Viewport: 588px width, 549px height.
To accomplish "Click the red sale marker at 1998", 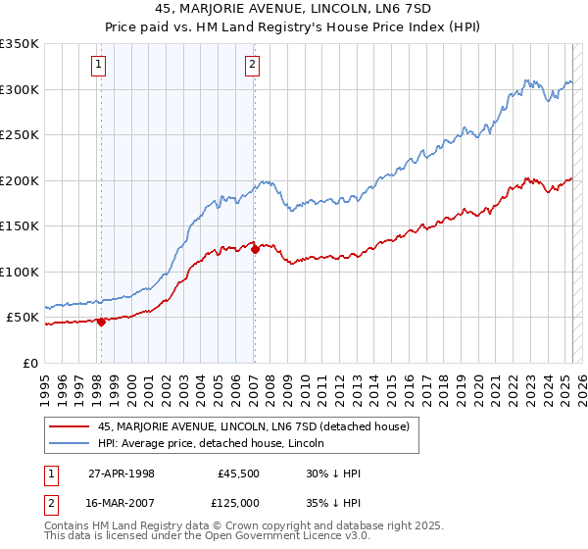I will click(101, 322).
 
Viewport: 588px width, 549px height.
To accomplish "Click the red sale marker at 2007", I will click(254, 249).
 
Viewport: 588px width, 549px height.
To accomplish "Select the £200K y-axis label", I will click(20, 180).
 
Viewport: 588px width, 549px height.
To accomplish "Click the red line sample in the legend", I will click(70, 425).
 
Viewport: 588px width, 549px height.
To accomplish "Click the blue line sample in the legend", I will click(70, 443).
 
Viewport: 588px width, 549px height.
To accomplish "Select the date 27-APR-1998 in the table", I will click(122, 473).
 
